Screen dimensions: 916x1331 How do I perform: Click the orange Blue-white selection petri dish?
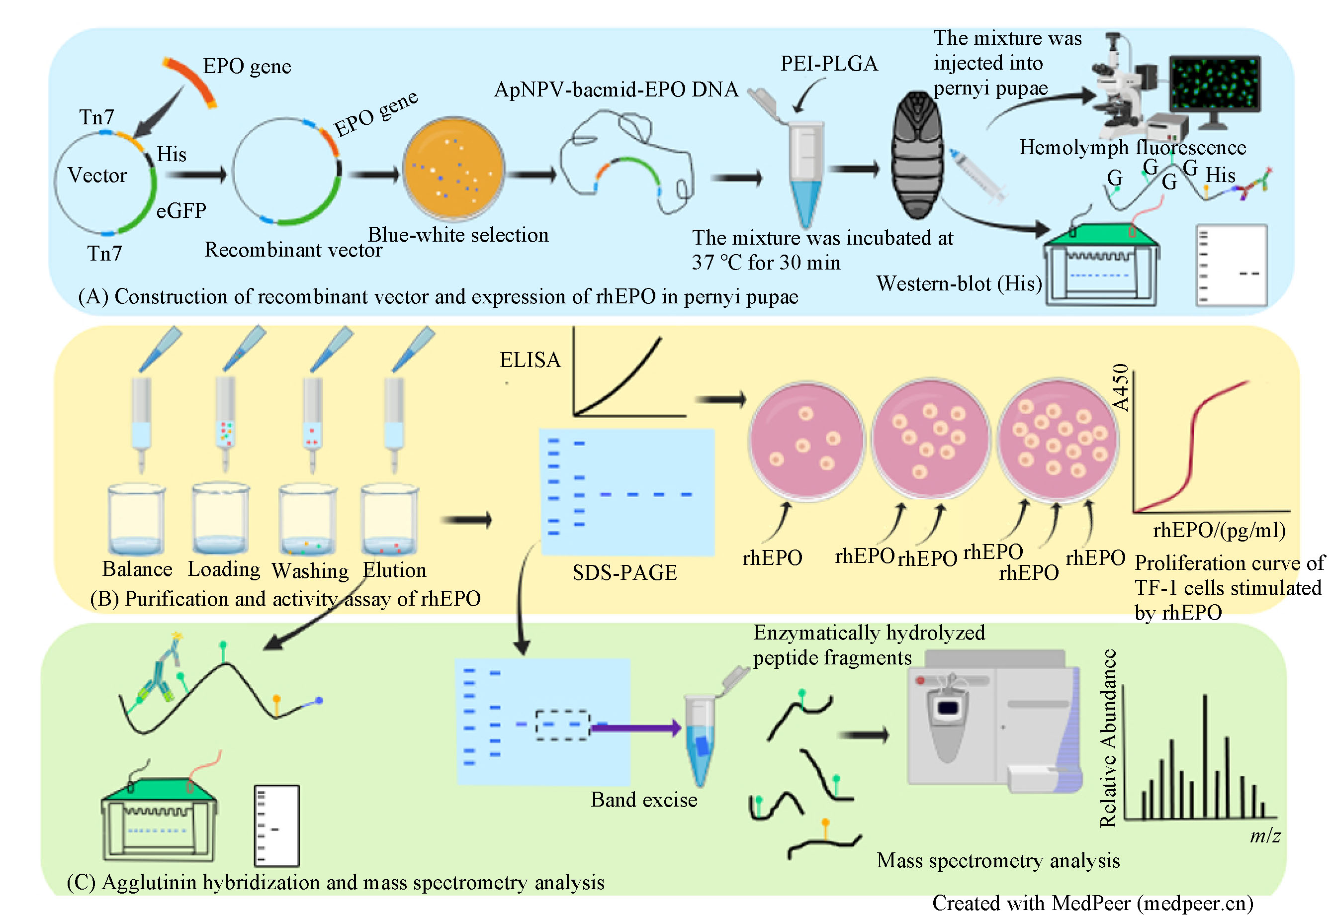coord(453,169)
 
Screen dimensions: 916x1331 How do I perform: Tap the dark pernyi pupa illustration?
coord(917,155)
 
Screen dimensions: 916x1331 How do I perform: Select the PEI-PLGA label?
coord(828,64)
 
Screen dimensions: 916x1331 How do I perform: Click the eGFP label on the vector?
coord(180,211)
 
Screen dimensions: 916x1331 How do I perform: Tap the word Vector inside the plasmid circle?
coord(97,175)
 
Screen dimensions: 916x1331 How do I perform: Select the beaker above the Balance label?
coord(137,519)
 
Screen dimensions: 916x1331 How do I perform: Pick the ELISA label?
coord(530,360)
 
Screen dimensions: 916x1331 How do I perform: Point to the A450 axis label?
coord(1120,387)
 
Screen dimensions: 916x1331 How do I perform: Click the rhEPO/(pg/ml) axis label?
coord(1219,530)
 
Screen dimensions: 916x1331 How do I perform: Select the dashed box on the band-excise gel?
coord(562,725)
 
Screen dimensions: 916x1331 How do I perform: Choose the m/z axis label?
coord(1264,835)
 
